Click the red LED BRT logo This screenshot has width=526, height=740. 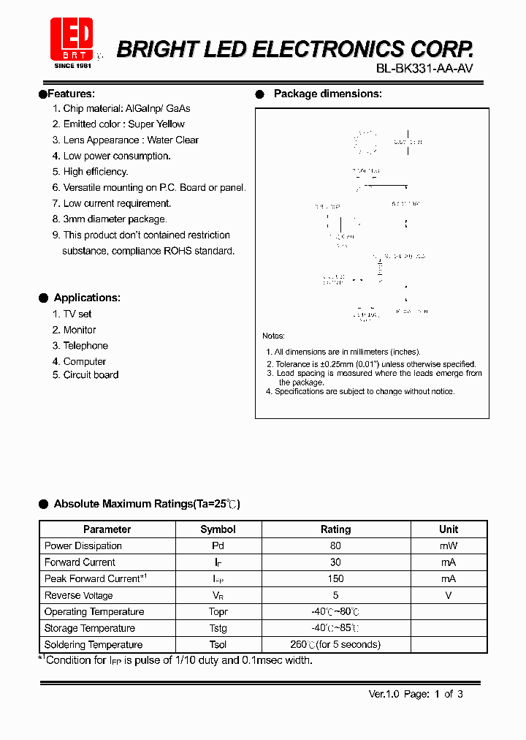click(71, 40)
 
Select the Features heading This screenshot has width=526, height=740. click(69, 94)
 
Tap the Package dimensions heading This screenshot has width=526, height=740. click(327, 94)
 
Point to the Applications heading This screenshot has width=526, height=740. click(87, 298)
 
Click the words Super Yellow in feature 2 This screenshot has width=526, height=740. click(156, 124)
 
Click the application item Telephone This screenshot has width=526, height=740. click(85, 346)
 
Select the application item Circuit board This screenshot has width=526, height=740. click(91, 375)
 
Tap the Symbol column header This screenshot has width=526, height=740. click(218, 529)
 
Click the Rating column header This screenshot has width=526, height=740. click(335, 529)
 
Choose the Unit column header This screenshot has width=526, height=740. click(449, 529)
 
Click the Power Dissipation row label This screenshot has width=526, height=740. click(83, 546)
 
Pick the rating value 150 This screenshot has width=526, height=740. click(335, 578)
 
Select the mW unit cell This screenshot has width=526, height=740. click(449, 546)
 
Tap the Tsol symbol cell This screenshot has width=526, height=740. click(218, 645)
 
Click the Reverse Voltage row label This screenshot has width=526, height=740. click(79, 595)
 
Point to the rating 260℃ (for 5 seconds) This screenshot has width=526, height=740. click(335, 645)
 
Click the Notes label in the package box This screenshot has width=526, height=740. click(273, 336)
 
